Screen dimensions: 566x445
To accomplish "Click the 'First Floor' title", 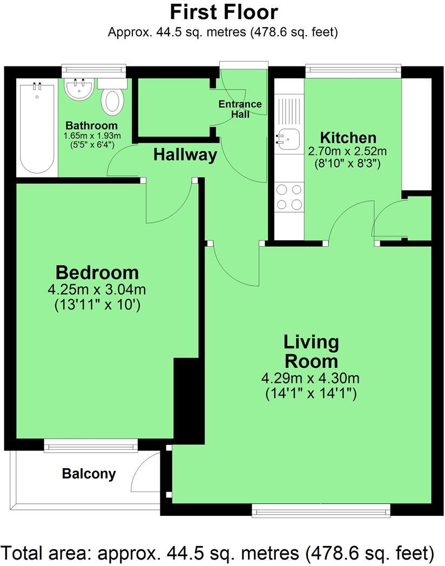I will pyautogui.click(x=224, y=11).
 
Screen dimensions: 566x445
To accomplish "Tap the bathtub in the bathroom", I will pyautogui.click(x=37, y=127).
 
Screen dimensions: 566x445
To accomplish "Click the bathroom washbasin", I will pyautogui.click(x=79, y=88).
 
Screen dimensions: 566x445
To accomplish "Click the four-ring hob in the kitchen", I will pyautogui.click(x=289, y=197).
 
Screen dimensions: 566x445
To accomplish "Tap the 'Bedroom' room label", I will pyautogui.click(x=97, y=272).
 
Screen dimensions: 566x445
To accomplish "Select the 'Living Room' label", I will pyautogui.click(x=312, y=351).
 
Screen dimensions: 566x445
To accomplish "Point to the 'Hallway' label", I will pyautogui.click(x=185, y=155).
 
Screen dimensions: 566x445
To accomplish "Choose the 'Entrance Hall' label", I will pyautogui.click(x=240, y=109).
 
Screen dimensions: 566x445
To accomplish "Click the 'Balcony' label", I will pyautogui.click(x=89, y=474).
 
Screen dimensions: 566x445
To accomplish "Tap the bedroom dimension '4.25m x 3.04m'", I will pyautogui.click(x=97, y=289).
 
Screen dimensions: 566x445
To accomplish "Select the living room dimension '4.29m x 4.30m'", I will pyautogui.click(x=311, y=378).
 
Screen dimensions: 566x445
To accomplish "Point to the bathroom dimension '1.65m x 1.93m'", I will pyautogui.click(x=92, y=136).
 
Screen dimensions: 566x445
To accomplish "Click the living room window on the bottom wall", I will pyautogui.click(x=321, y=510).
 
